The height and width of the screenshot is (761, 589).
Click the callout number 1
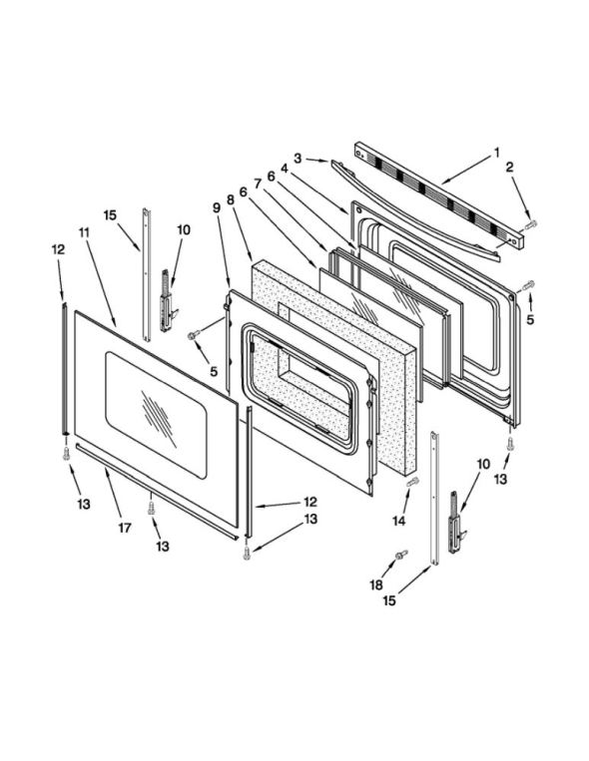tap(497, 153)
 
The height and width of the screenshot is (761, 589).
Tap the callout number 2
tap(509, 168)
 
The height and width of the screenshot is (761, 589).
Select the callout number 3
tap(297, 158)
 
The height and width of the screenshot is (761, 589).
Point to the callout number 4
tap(285, 169)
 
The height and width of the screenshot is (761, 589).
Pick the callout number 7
tap(258, 184)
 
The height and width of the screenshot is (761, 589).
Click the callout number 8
tap(231, 199)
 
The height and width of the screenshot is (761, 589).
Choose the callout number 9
tap(217, 207)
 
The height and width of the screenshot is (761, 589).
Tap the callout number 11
tap(84, 232)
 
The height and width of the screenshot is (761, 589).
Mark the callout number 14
tap(398, 521)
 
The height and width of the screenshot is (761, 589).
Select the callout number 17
tap(125, 528)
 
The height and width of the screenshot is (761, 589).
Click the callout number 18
tap(376, 584)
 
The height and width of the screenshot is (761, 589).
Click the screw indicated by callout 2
tap(531, 223)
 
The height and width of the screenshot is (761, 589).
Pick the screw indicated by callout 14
tap(412, 482)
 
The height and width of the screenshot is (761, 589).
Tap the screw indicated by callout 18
tap(401, 555)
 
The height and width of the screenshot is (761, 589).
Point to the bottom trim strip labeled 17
tap(158, 491)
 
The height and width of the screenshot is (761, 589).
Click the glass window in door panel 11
tap(157, 415)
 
